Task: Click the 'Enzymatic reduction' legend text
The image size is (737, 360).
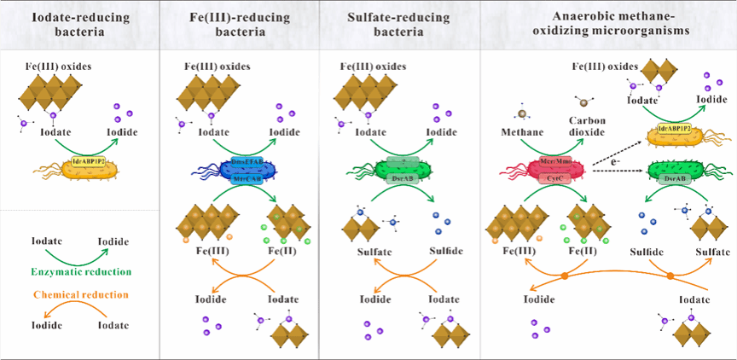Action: (79, 270)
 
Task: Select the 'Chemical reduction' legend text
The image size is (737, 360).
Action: (79, 294)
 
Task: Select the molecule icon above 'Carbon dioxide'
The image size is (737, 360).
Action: (584, 102)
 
